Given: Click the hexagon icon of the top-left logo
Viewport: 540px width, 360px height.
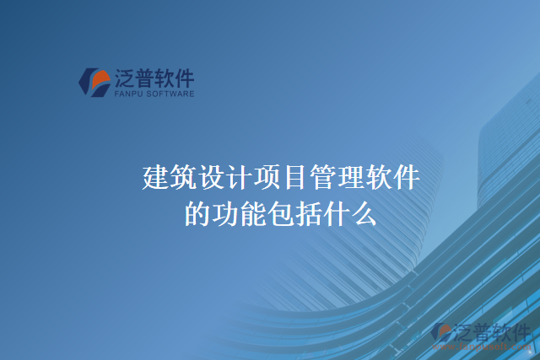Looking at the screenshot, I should [x=94, y=81].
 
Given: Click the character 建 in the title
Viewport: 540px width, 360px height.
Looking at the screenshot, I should [x=156, y=179].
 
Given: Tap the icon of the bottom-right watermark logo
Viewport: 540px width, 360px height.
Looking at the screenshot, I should [x=442, y=333].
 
